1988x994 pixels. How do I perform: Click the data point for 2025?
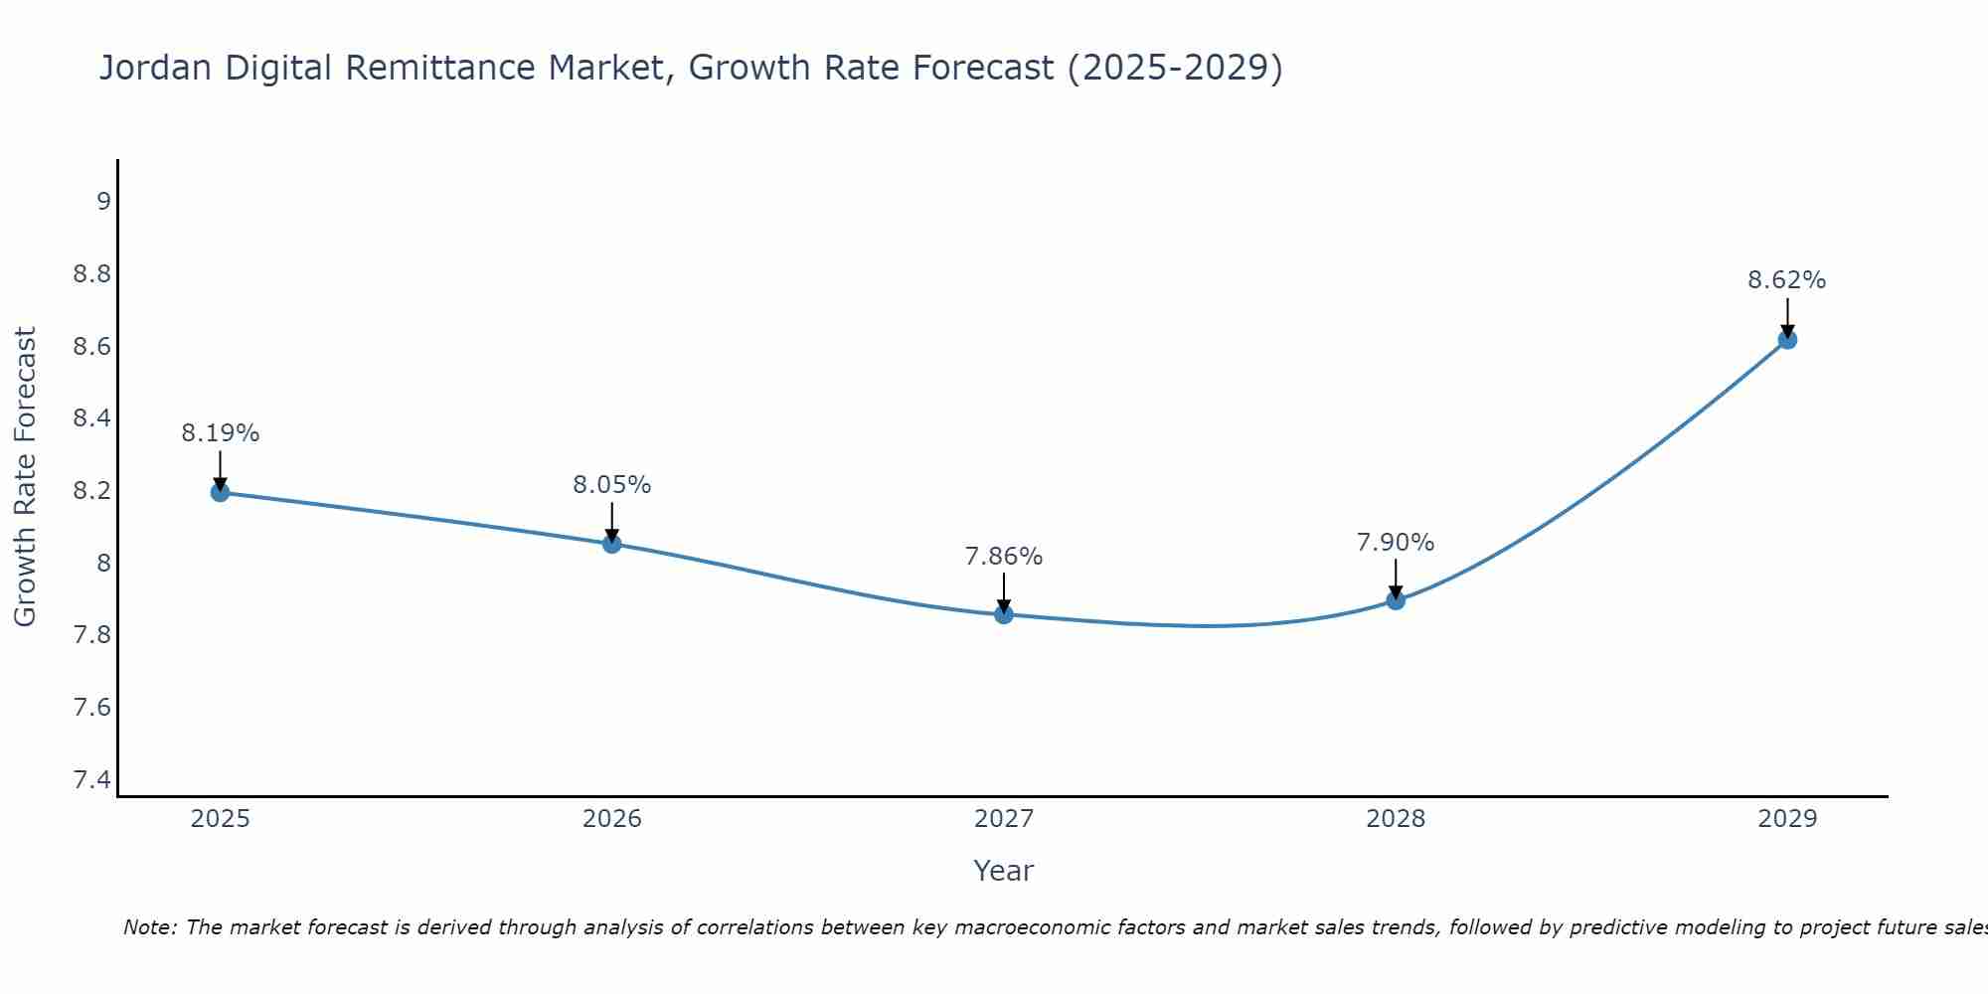220,492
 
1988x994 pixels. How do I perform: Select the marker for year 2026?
612,544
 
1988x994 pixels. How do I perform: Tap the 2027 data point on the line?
1004,614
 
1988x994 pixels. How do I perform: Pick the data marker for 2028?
1396,599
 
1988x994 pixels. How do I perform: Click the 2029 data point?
1787,339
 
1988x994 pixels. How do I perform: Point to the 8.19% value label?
220,433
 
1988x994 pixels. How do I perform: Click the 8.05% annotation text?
612,485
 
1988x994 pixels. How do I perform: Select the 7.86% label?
1004,557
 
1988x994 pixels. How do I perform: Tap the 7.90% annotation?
1396,543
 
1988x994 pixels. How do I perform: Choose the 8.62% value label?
1787,280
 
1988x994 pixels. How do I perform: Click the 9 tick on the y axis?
103,201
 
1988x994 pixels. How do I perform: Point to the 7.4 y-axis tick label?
92,779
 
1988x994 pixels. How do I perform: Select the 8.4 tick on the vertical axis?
92,418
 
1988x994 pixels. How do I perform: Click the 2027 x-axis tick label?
1004,819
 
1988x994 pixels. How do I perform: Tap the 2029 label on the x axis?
1787,819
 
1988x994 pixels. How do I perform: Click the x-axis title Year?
1004,871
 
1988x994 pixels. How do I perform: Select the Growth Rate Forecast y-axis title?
25,477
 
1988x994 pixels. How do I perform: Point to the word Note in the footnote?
149,927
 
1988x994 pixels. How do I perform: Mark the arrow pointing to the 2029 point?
1787,318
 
